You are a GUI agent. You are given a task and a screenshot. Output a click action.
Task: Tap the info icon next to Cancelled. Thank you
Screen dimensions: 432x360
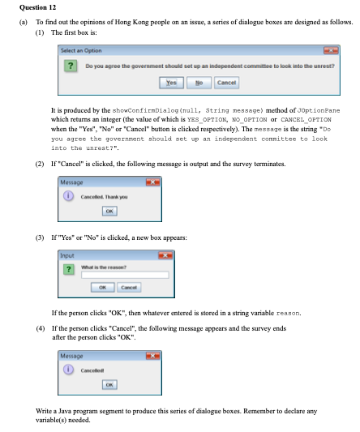tap(72, 195)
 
